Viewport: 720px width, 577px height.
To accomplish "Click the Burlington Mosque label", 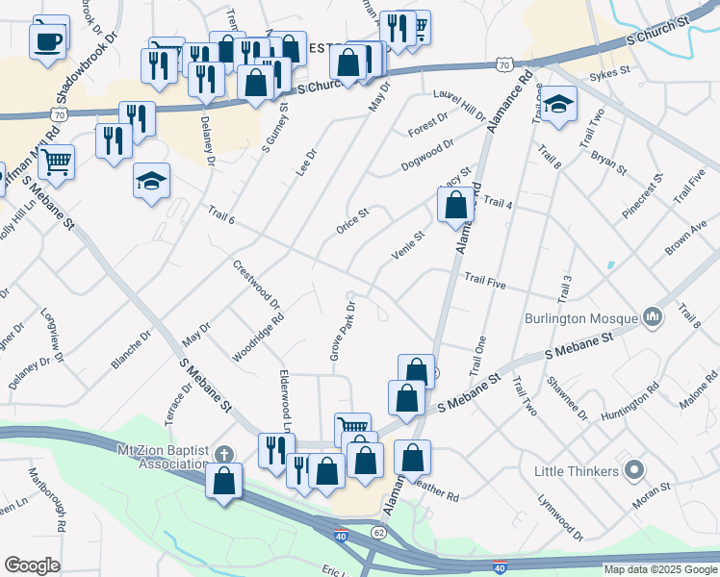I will point(581,317).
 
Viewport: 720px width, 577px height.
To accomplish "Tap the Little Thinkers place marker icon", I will point(634,471).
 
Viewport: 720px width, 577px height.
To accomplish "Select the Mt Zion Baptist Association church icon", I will point(224,453).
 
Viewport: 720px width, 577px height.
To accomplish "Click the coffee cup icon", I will point(47,40).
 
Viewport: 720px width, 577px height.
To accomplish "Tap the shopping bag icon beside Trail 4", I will point(455,205).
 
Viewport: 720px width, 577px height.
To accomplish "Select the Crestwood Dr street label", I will point(257,284).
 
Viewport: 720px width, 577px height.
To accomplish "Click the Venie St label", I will point(407,244).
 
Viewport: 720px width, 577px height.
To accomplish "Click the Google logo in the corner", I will point(32,565).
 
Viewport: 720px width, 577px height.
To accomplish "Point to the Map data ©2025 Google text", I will point(660,569).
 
